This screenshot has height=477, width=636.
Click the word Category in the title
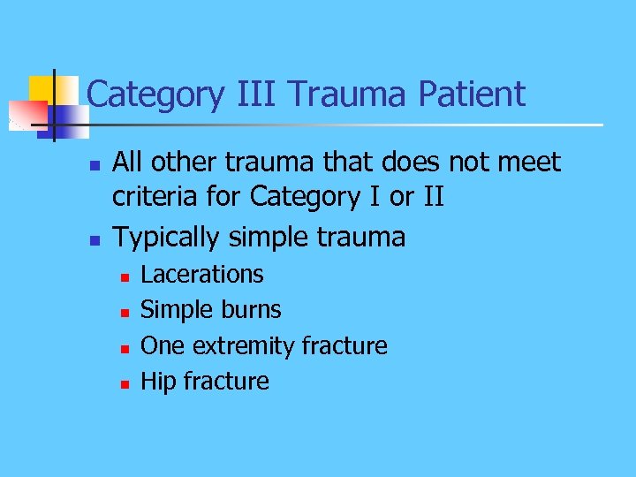[155, 94]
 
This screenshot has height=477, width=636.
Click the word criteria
[156, 196]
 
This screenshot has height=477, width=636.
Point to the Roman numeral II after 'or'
[430, 196]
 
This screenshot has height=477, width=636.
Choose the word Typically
[170, 237]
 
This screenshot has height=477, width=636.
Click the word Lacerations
[202, 275]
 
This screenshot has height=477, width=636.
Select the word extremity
[245, 345]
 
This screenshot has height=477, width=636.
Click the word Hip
[158, 382]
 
